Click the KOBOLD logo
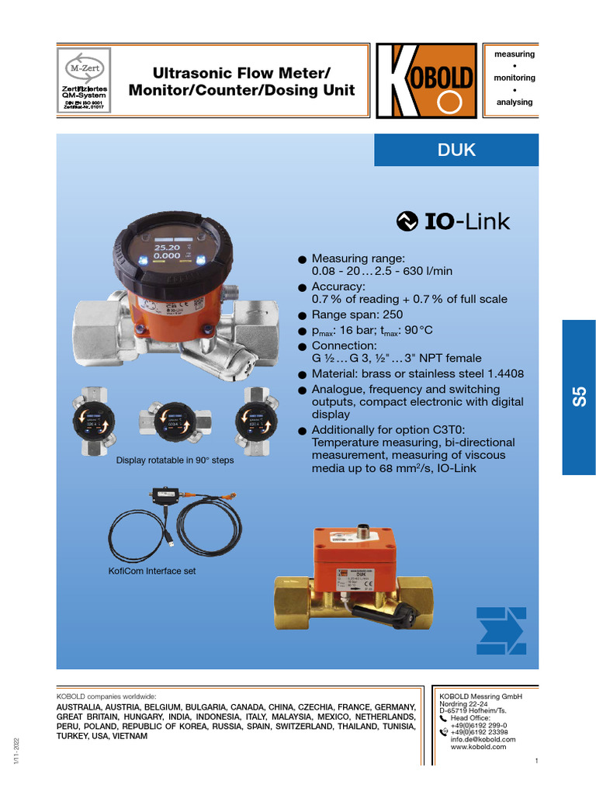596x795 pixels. pyautogui.click(x=426, y=81)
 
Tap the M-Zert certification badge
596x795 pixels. pyautogui.click(x=85, y=81)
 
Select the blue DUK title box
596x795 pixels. pyautogui.click(x=456, y=150)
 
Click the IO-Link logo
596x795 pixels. pyautogui.click(x=453, y=222)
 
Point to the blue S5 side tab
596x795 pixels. pyautogui.click(x=578, y=397)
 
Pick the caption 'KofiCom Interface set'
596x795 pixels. pyautogui.click(x=151, y=571)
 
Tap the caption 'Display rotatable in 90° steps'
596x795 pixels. pyautogui.click(x=175, y=460)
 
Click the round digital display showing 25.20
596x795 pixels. pyautogui.click(x=168, y=250)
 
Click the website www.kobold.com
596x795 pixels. pyautogui.click(x=478, y=747)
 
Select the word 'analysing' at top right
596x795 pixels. pyautogui.click(x=515, y=102)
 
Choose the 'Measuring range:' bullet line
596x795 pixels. pyautogui.click(x=358, y=259)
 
